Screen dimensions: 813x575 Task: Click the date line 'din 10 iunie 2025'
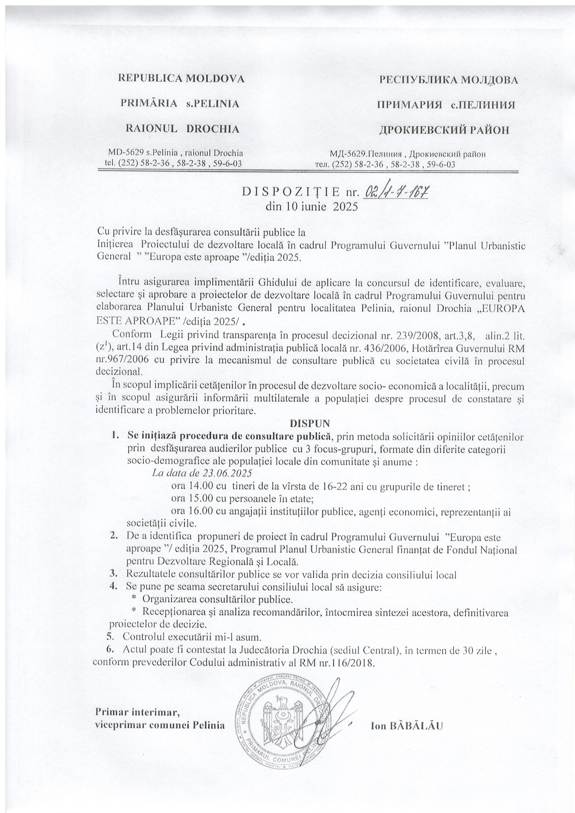311,207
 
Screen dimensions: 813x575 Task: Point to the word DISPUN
309,423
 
